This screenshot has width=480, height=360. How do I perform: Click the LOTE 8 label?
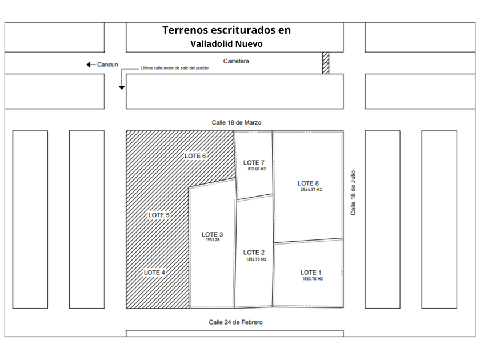point(308,183)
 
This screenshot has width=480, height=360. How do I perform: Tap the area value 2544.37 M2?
point(311,190)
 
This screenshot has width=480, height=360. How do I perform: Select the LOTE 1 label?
point(311,272)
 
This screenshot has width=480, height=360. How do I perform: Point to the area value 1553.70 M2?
point(313,279)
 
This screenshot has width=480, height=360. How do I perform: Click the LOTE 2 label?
point(254,253)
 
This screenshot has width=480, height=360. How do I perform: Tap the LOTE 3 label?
point(213,234)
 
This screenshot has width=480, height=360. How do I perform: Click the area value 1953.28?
point(213,240)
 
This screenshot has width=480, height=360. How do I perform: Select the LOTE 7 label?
point(254,163)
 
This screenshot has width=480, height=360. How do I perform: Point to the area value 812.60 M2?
point(257,170)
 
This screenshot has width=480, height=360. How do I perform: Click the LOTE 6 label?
point(195,155)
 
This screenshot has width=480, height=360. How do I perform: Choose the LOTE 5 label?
point(159,215)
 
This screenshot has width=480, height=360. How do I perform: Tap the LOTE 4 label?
point(154,273)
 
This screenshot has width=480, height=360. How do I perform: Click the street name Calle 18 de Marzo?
point(237,122)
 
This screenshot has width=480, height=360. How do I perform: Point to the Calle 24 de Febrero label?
point(236,322)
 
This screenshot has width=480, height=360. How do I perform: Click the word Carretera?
point(237,61)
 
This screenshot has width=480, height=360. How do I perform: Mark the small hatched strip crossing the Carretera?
point(326,63)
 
